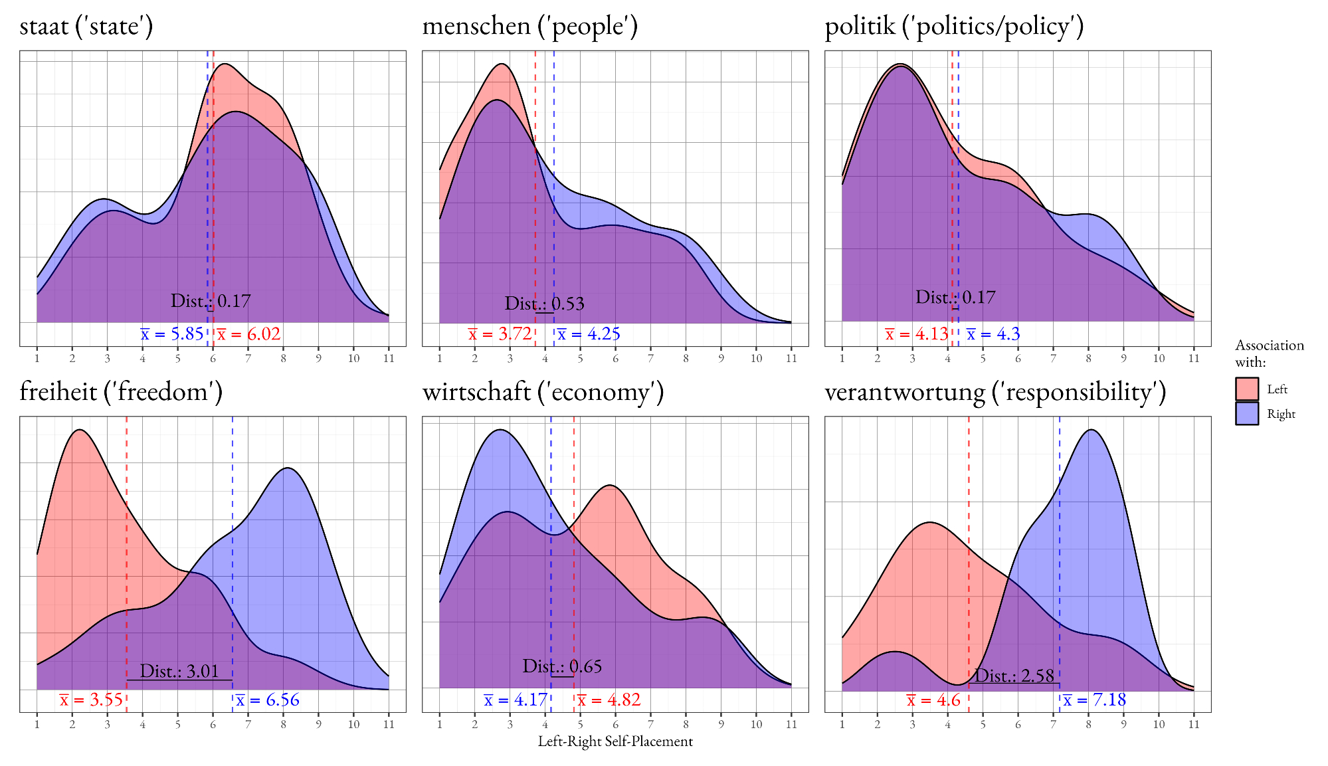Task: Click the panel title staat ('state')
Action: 86,26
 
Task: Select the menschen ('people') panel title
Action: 529,26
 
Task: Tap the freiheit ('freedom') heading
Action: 121,392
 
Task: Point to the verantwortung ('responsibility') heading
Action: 995,392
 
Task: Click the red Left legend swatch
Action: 1246,389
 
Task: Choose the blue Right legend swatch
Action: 1246,414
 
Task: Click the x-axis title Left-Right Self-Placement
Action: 615,741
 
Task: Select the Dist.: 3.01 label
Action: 179,671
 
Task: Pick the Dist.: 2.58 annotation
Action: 1014,676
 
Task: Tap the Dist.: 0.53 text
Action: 544,304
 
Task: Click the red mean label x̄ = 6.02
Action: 249,334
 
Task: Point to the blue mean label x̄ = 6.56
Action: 267,700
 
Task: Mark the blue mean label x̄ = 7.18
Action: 1094,700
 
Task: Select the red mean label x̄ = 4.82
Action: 609,700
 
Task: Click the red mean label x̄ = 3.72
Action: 500,334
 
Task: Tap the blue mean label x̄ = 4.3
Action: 993,334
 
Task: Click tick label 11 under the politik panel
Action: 1194,359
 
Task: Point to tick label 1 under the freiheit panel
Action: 37,725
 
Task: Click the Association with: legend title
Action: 1269,353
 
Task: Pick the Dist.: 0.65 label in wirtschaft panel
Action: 562,666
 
